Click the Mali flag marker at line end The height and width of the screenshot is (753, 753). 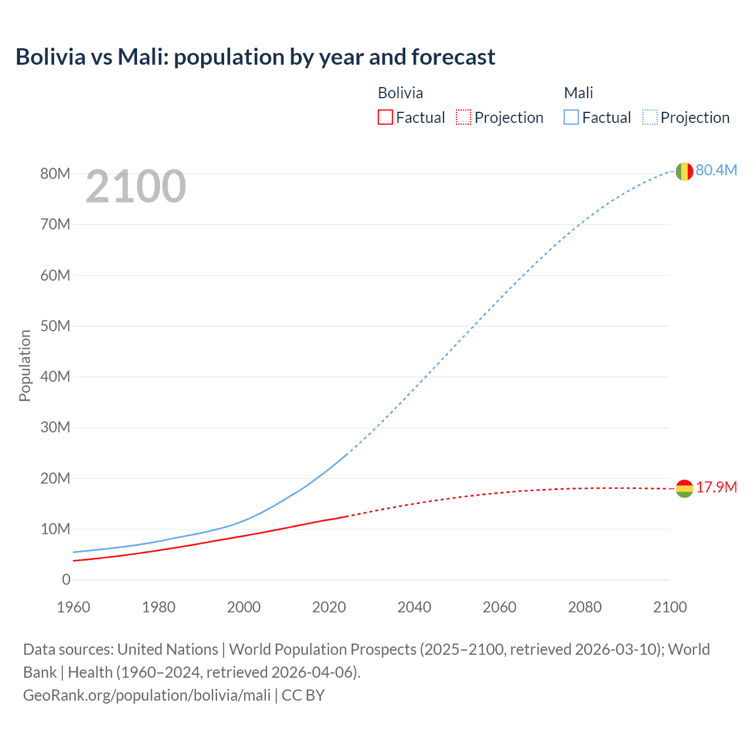684,172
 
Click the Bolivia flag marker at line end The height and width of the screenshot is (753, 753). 684,488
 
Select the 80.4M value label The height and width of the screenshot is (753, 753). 716,171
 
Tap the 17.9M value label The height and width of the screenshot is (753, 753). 716,488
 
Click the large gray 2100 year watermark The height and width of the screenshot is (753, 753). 136,187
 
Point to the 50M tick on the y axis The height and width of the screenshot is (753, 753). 55,326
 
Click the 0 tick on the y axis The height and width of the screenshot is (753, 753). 66,580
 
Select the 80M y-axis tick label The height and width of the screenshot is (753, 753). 55,174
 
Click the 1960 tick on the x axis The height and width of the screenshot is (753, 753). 74,607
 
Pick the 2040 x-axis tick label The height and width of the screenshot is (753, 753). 414,607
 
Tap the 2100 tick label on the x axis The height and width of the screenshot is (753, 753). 669,607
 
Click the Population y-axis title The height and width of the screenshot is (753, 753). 25,366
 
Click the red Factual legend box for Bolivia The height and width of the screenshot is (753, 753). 385,118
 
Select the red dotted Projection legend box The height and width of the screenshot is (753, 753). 464,118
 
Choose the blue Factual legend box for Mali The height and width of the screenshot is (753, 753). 571,118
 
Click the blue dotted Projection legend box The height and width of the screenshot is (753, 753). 650,118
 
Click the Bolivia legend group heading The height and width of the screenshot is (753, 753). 400,93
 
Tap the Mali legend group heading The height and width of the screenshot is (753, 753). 578,93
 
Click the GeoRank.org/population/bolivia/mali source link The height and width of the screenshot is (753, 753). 146,695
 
